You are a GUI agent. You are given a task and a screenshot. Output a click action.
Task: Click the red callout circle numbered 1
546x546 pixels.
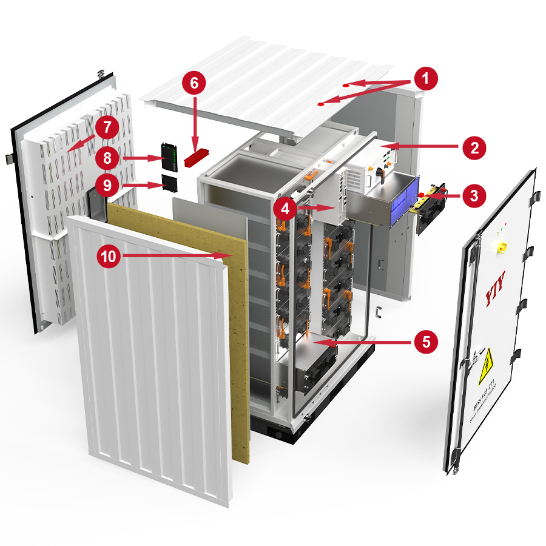point(426,79)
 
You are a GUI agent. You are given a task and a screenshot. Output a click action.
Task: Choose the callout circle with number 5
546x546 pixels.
point(426,341)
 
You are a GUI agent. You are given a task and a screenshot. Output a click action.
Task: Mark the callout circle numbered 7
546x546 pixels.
point(107,127)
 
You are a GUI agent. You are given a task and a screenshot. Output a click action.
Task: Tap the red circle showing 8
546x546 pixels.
point(107,159)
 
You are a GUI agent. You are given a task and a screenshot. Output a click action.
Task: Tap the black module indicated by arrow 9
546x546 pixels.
point(170,181)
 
